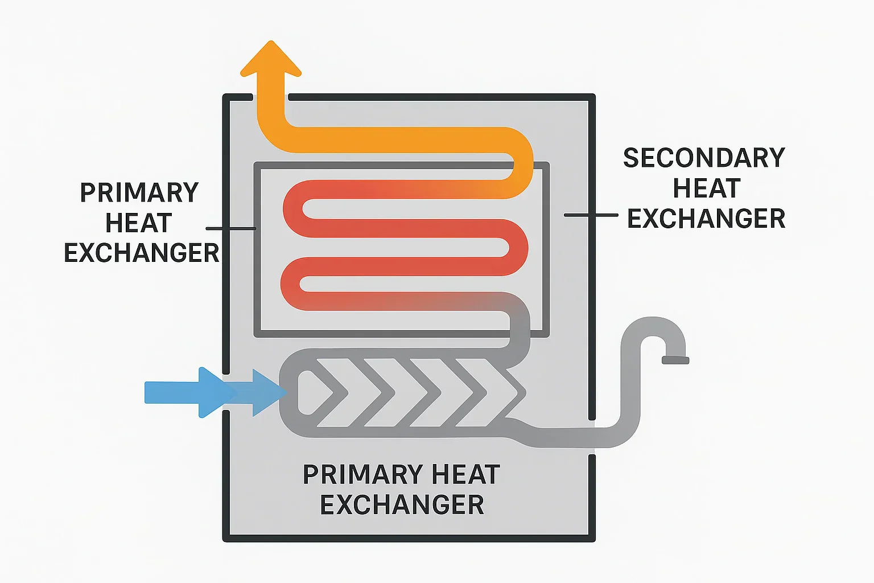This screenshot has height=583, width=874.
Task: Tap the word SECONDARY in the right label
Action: pyautogui.click(x=704, y=158)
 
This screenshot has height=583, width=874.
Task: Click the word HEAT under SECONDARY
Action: pyautogui.click(x=707, y=188)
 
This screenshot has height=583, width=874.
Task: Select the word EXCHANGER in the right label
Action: pyautogui.click(x=706, y=219)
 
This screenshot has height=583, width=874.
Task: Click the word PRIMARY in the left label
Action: pyautogui.click(x=139, y=193)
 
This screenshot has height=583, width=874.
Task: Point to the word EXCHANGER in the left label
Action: pyautogui.click(x=141, y=253)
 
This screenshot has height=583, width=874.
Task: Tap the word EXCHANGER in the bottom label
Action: pyautogui.click(x=402, y=505)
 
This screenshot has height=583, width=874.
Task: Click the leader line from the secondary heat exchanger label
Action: pyautogui.click(x=591, y=215)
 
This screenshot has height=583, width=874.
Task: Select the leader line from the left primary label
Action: pyautogui.click(x=230, y=228)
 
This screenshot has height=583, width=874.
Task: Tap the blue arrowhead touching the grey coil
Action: pyautogui.click(x=267, y=392)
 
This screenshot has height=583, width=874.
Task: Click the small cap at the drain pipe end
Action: pyautogui.click(x=675, y=360)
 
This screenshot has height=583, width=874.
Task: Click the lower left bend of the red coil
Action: pyautogui.click(x=291, y=284)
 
